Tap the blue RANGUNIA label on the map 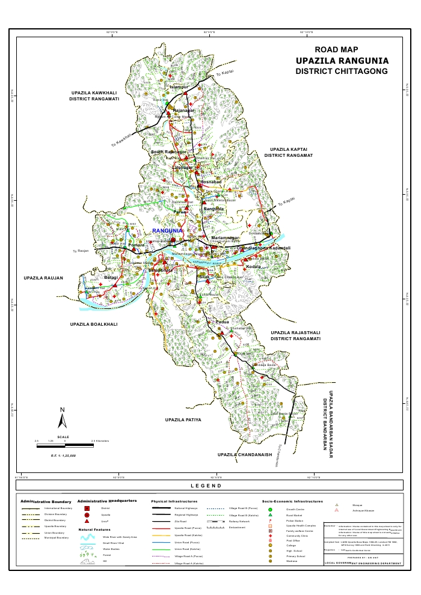click(x=167, y=231)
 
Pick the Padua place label click(x=215, y=323)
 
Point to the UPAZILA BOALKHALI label click(x=93, y=324)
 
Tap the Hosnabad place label click(x=211, y=182)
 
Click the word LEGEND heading click(x=206, y=486)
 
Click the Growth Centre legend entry click(x=295, y=508)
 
